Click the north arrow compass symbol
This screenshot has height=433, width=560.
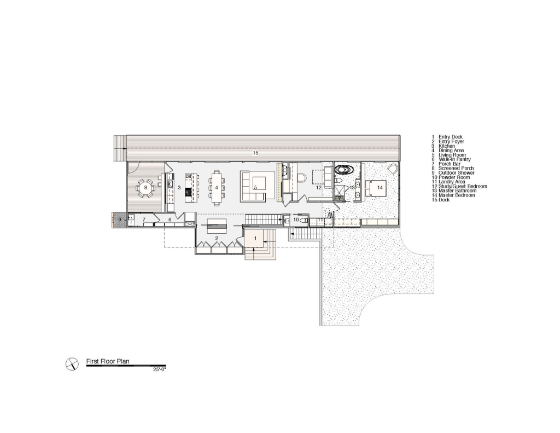pyautogui.click(x=72, y=364)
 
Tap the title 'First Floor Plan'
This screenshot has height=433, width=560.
pyautogui.click(x=108, y=361)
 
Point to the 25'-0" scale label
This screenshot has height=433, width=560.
pyautogui.click(x=160, y=370)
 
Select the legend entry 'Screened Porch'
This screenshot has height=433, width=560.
pyautogui.click(x=456, y=168)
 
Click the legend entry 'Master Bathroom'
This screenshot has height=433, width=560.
pyautogui.click(x=458, y=190)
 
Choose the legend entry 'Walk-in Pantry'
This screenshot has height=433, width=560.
pyautogui.click(x=454, y=159)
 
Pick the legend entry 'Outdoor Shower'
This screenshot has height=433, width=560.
pyautogui.click(x=457, y=172)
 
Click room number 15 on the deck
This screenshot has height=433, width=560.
pyautogui.click(x=255, y=153)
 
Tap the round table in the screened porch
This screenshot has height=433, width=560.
pyautogui.click(x=145, y=187)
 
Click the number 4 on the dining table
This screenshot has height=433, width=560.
pyautogui.click(x=217, y=187)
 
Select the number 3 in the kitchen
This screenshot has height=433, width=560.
pyautogui.click(x=179, y=187)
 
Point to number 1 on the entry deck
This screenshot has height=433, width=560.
pyautogui.click(x=255, y=238)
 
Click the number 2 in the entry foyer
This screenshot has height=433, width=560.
pyautogui.click(x=217, y=238)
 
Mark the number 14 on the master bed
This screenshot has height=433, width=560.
pyautogui.click(x=380, y=187)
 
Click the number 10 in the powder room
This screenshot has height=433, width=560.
pyautogui.click(x=296, y=220)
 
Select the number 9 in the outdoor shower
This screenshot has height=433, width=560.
pyautogui.click(x=120, y=219)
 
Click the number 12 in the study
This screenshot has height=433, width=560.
pyautogui.click(x=319, y=187)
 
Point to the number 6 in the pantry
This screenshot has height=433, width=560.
pyautogui.click(x=170, y=220)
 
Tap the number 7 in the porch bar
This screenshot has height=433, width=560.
pyautogui.click(x=144, y=220)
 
